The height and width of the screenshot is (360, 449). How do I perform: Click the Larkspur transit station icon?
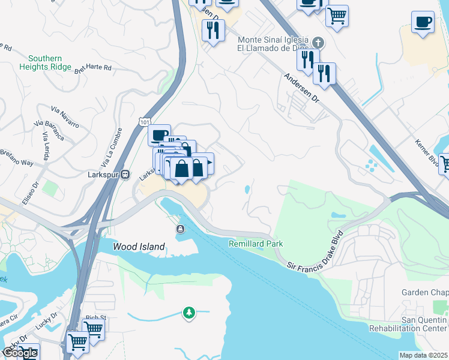click(x=125, y=175)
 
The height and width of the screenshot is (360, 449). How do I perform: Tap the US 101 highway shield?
click(x=144, y=122)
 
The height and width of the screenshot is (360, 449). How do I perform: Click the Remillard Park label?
click(x=256, y=244)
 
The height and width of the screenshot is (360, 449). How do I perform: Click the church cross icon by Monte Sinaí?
click(x=318, y=43)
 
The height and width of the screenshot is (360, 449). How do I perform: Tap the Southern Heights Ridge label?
click(x=50, y=62)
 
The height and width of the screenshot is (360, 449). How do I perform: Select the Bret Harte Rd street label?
click(x=93, y=68)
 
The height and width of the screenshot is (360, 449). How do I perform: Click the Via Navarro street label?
click(x=65, y=117)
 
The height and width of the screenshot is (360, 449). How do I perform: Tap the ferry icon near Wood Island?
click(x=180, y=229)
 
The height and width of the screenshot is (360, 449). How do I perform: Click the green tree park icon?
click(x=189, y=313)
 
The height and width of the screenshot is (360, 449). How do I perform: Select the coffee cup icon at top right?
click(x=423, y=22)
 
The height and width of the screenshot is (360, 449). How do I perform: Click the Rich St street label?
click(x=95, y=317)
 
